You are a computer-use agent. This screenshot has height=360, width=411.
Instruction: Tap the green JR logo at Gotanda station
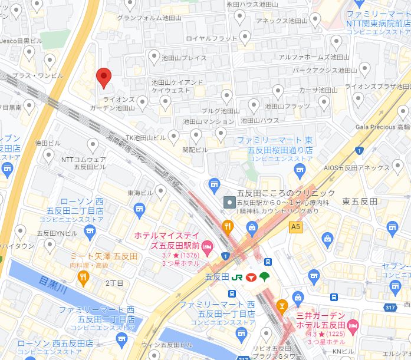pos(237,277)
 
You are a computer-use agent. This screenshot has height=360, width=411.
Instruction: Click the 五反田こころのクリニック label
pos(285,193)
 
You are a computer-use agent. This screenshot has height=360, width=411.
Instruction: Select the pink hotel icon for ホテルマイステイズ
pos(207,245)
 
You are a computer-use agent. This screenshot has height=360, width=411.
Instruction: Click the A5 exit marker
pos(295,226)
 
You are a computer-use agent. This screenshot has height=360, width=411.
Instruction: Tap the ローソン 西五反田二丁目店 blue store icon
pos(139,209)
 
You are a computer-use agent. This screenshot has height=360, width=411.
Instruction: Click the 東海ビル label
pos(140,193)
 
